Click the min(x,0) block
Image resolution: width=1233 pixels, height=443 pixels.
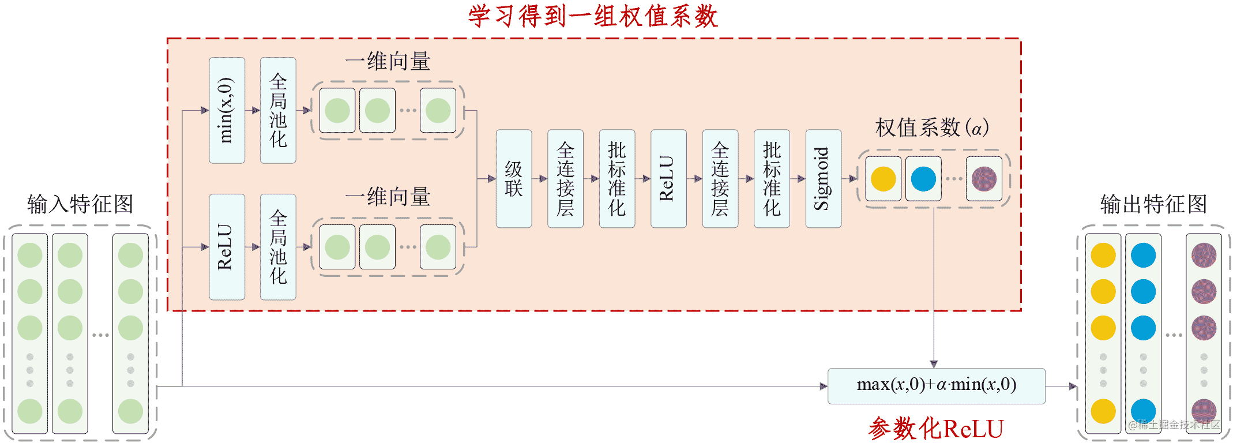pyautogui.click(x=227, y=110)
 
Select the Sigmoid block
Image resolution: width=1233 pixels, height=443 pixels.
pyautogui.click(x=823, y=179)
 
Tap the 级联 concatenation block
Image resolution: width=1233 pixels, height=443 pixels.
pyautogui.click(x=513, y=179)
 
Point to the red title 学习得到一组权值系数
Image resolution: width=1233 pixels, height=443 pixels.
pyautogui.click(x=593, y=16)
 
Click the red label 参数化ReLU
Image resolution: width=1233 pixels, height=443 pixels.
pyautogui.click(x=935, y=429)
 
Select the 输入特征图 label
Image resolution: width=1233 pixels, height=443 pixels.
pyautogui.click(x=80, y=204)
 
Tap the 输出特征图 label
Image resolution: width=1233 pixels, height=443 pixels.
pyautogui.click(x=1153, y=204)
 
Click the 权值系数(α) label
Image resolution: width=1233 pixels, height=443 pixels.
pyautogui.click(x=932, y=127)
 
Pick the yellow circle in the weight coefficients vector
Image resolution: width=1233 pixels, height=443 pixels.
pyautogui.click(x=883, y=179)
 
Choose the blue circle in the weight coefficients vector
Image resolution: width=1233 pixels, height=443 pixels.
pyautogui.click(x=923, y=179)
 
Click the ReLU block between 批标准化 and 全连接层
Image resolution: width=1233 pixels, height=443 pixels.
pyautogui.click(x=668, y=179)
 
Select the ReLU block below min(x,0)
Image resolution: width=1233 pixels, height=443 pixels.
pyautogui.click(x=227, y=247)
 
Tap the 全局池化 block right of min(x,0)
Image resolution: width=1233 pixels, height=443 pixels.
pyautogui.click(x=278, y=110)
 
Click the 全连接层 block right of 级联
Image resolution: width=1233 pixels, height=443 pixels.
pyautogui.click(x=565, y=179)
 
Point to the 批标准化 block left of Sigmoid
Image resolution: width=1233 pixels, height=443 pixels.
pyautogui.click(x=772, y=179)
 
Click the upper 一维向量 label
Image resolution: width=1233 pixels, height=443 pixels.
pyautogui.click(x=388, y=62)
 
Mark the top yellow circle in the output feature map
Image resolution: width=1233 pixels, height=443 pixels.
pyautogui.click(x=1103, y=256)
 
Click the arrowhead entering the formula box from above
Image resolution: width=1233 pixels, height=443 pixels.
pyautogui.click(x=934, y=364)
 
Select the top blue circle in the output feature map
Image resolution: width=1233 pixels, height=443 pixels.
pyautogui.click(x=1143, y=256)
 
